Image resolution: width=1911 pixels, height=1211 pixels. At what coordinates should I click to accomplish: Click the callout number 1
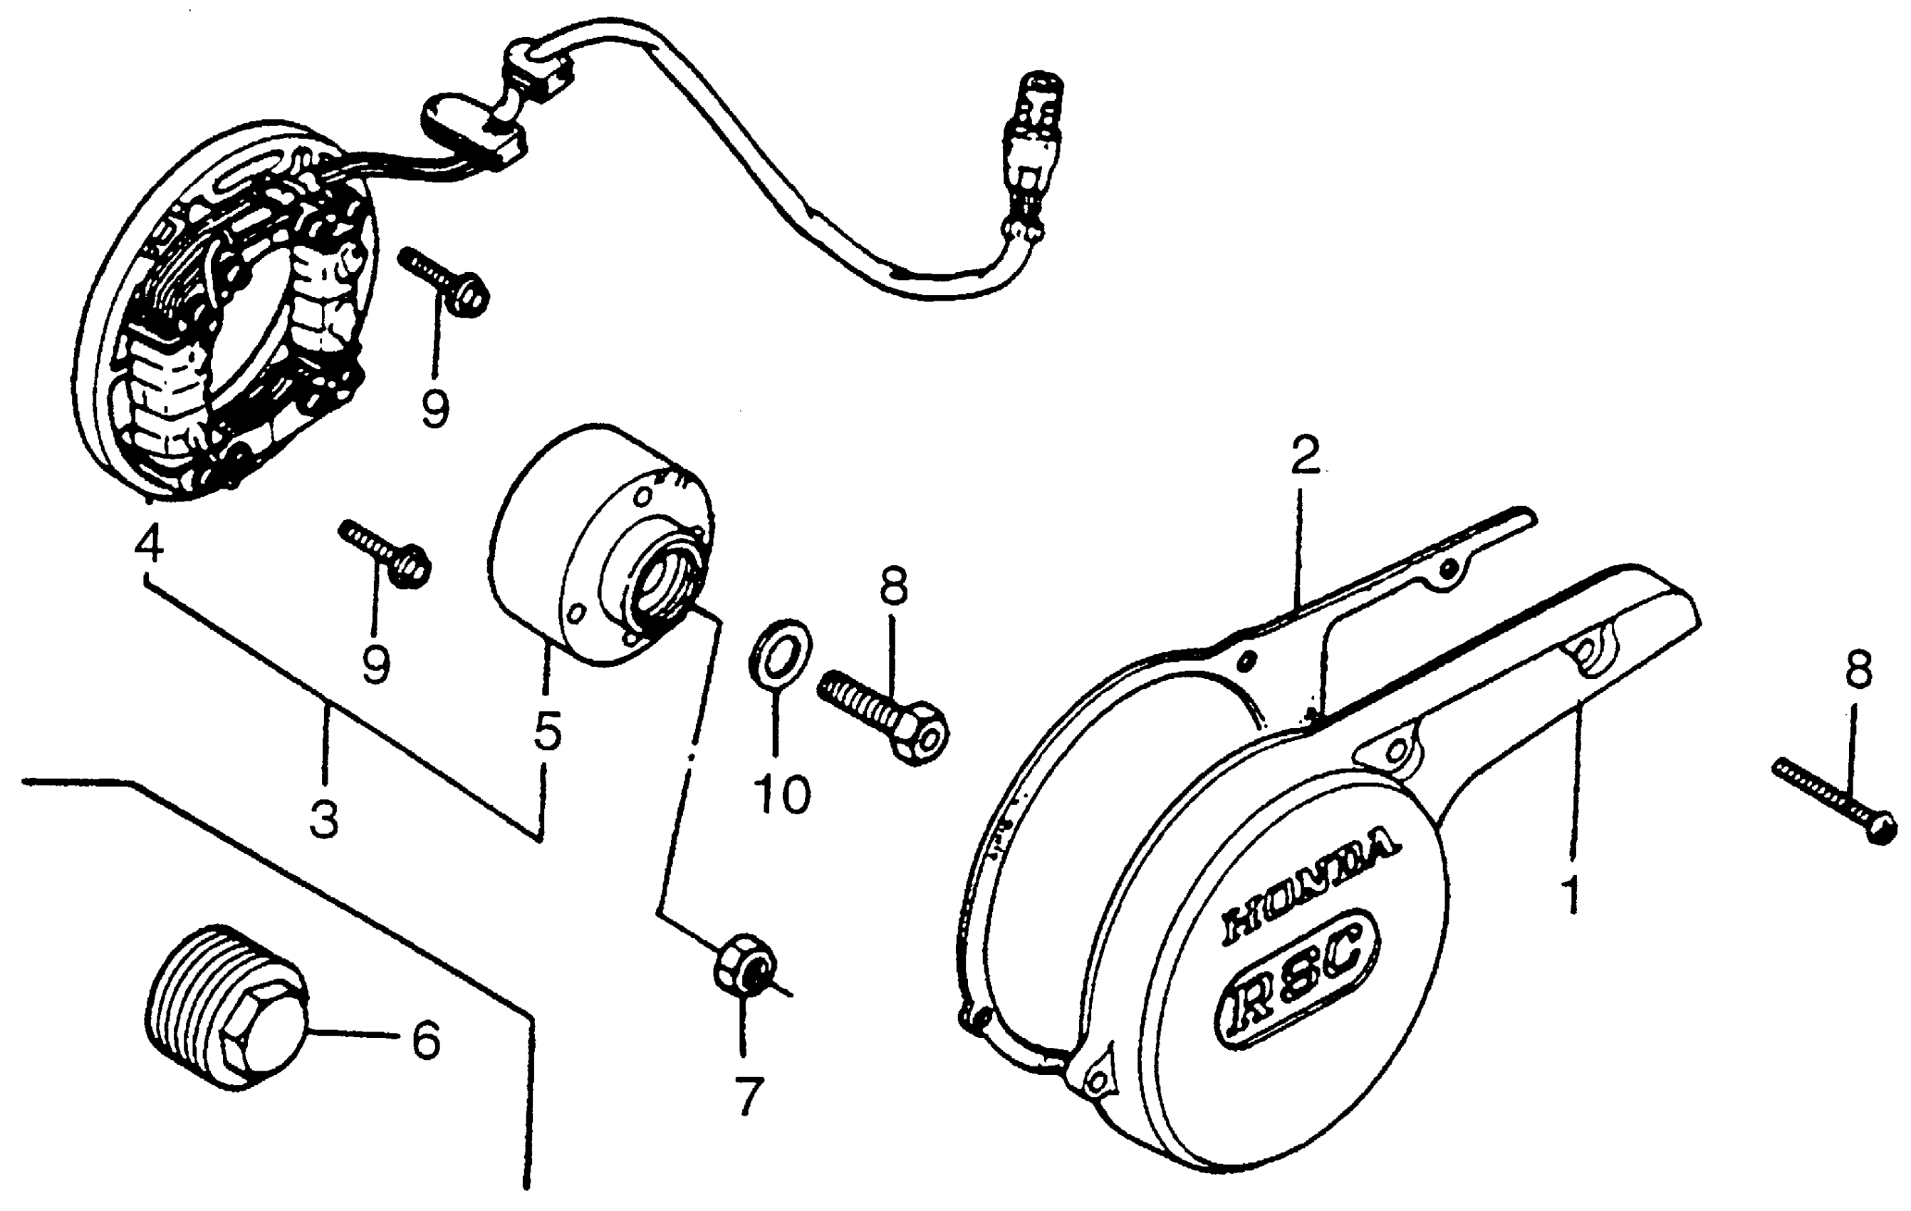tap(1571, 895)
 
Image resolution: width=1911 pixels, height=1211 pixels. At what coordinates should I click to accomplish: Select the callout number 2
tap(1304, 455)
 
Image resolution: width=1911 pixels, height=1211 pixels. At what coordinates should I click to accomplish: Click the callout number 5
tap(548, 730)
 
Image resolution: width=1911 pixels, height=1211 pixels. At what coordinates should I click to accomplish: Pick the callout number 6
tap(425, 1039)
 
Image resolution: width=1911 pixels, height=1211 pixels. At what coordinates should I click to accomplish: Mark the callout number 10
tap(781, 794)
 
